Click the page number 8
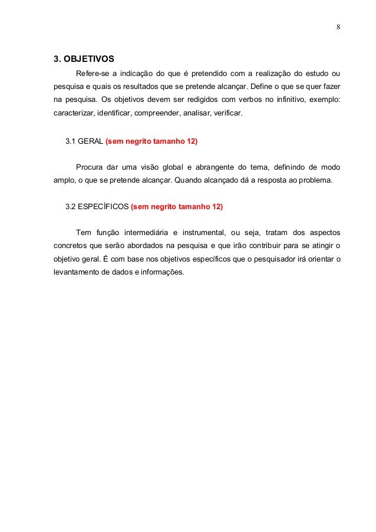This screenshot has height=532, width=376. pyautogui.click(x=338, y=27)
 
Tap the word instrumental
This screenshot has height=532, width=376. pyautogui.click(x=210, y=232)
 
